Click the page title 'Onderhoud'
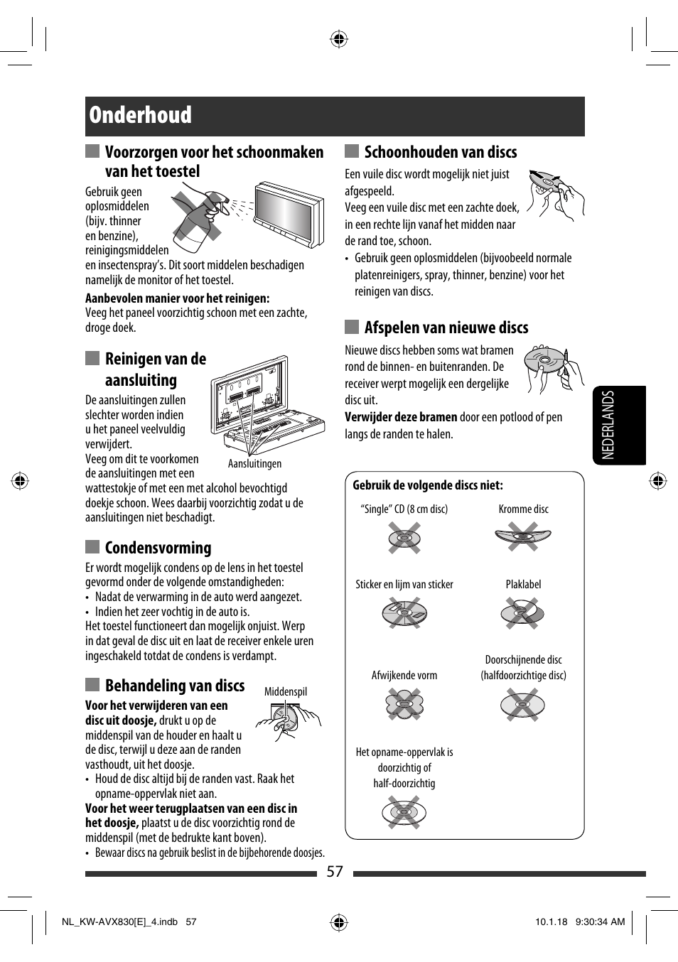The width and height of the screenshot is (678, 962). [140, 115]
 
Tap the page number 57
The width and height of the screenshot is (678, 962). [335, 872]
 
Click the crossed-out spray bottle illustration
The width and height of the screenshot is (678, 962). [200, 217]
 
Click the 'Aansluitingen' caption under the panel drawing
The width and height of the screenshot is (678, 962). [254, 464]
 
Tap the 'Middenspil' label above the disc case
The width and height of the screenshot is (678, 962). [286, 692]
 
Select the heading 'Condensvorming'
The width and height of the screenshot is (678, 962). [158, 548]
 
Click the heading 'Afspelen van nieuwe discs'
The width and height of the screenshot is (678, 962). [446, 328]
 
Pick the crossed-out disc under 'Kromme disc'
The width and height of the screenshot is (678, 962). [523, 536]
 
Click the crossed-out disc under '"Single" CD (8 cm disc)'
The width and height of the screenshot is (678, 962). [404, 538]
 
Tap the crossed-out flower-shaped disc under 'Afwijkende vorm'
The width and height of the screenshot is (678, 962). [404, 705]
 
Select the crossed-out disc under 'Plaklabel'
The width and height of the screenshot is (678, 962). [523, 612]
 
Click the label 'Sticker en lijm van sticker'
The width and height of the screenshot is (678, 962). [404, 585]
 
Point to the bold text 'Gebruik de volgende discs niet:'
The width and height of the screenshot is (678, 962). [428, 485]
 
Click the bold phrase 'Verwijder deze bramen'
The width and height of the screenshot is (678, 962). [401, 417]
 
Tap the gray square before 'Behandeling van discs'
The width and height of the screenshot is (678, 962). [92, 685]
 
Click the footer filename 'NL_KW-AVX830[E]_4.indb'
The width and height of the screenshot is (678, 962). [119, 922]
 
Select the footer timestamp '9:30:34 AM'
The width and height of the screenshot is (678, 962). [600, 922]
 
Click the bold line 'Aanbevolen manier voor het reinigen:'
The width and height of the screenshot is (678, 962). [177, 298]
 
